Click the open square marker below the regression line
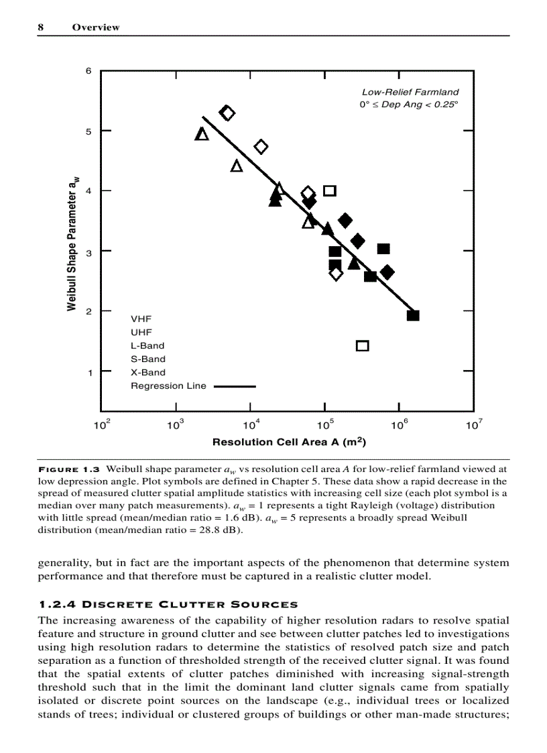coord(363,346)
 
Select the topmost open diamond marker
coord(227,113)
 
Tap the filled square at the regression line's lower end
coord(414,315)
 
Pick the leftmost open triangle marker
coord(202,134)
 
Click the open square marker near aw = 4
coord(330,190)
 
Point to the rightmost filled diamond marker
coord(387,272)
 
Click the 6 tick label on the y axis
coord(88,71)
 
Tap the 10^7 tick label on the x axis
coord(474,425)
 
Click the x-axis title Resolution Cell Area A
coord(289,443)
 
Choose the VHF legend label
coord(141,319)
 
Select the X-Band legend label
coord(147,372)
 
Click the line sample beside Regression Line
coord(235,386)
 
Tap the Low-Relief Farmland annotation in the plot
coord(410,92)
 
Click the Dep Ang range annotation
coord(408,105)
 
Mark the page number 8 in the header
coord(41,27)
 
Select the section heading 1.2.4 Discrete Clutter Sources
coord(168,605)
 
